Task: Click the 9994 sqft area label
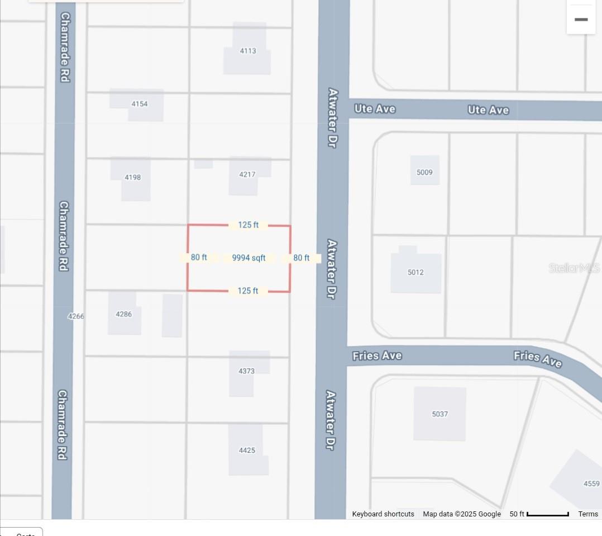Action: coord(249,258)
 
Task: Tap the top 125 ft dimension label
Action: coord(248,225)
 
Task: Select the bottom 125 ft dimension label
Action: coord(248,291)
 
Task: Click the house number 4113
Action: coord(248,51)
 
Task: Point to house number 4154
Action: coord(140,104)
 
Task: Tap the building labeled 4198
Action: coord(132,177)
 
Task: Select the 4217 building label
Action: coord(247,174)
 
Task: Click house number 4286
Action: coord(124,314)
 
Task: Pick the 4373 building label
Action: coord(246,371)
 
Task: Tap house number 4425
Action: coord(247,450)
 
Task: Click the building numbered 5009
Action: coord(424,172)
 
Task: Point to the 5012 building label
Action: coord(415,272)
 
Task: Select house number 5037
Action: coord(439,414)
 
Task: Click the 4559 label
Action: coord(591,484)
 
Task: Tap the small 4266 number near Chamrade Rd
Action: coord(76,316)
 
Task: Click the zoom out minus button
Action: coord(581,20)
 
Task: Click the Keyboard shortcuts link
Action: coord(383,514)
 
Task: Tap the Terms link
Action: coord(588,514)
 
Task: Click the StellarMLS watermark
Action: coord(574,268)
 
